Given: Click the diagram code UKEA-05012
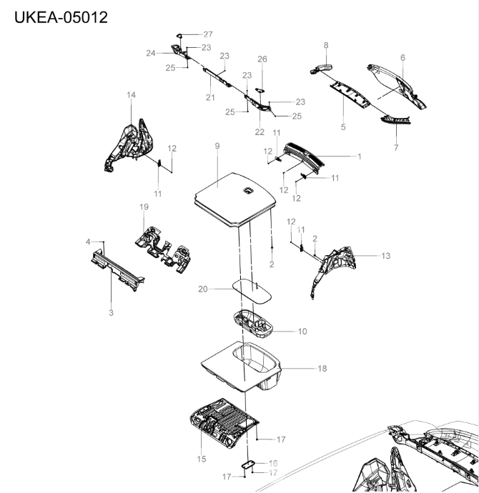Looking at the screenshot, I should pyautogui.click(x=61, y=16).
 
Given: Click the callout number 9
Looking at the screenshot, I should pyautogui.click(x=217, y=146).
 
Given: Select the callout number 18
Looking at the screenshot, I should pyautogui.click(x=322, y=368).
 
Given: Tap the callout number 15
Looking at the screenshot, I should pyautogui.click(x=201, y=458).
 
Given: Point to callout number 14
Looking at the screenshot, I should pyautogui.click(x=131, y=95).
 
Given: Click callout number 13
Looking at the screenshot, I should pyautogui.click(x=386, y=255).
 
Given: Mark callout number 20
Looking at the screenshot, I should pyautogui.click(x=203, y=289).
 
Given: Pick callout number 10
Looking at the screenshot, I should pyautogui.click(x=302, y=332).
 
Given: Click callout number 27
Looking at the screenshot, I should pyautogui.click(x=208, y=34).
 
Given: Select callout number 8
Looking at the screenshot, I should pyautogui.click(x=326, y=45).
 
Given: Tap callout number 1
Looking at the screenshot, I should pyautogui.click(x=359, y=156).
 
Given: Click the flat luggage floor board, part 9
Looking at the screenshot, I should pyautogui.click(x=232, y=191).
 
